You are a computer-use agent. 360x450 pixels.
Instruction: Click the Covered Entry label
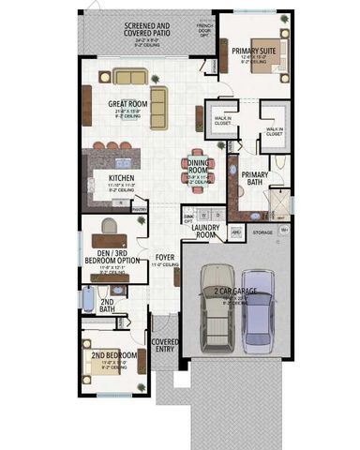pyautogui.click(x=165, y=346)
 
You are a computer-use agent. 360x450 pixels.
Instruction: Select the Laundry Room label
pyautogui.click(x=204, y=231)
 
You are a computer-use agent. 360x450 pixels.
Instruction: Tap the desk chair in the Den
pyautogui.click(x=110, y=226)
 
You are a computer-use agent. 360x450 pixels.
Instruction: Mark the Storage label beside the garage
pyautogui.click(x=262, y=232)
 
